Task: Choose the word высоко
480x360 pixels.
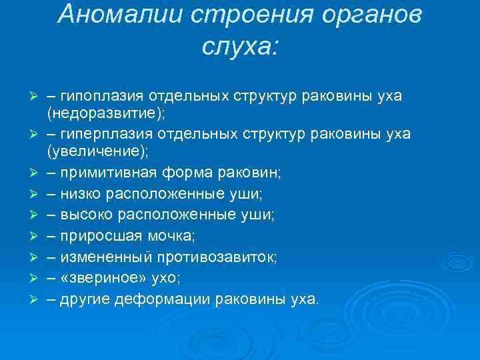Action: point(86,215)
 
